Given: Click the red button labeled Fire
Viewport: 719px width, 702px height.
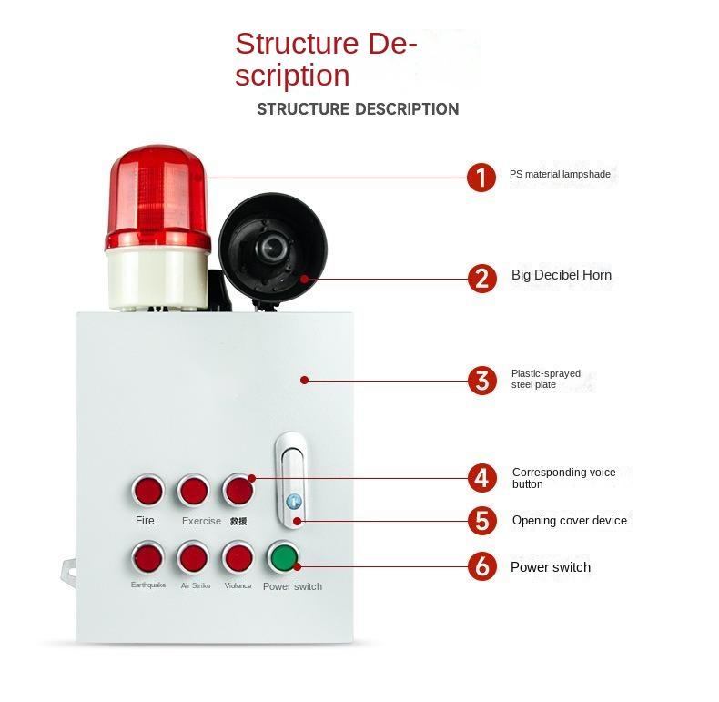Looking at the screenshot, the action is click(147, 491).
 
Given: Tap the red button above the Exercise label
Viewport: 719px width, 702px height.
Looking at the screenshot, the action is click(193, 491).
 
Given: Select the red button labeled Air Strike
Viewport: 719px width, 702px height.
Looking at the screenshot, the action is click(193, 556).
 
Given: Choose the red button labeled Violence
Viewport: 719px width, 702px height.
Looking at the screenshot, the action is click(238, 556).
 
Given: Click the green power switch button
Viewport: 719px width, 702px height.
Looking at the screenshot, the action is click(283, 557).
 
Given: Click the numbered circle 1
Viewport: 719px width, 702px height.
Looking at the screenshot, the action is click(481, 177).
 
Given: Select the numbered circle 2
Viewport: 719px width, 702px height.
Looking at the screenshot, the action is click(481, 278).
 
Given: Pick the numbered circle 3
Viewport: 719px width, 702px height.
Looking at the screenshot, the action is click(481, 381).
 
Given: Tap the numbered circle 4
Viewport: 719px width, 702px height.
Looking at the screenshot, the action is click(481, 478).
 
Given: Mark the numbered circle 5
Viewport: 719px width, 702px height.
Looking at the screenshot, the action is click(481, 521).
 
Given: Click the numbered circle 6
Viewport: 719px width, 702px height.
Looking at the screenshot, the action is click(481, 566).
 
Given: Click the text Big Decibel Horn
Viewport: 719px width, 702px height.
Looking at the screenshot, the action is click(561, 275).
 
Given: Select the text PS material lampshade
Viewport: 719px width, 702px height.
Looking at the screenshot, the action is click(560, 173).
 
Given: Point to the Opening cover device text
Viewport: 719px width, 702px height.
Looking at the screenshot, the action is click(569, 521).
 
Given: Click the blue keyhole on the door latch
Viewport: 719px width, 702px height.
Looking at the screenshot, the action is click(292, 502).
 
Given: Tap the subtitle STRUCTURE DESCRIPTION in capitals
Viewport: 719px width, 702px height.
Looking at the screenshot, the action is click(358, 109).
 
